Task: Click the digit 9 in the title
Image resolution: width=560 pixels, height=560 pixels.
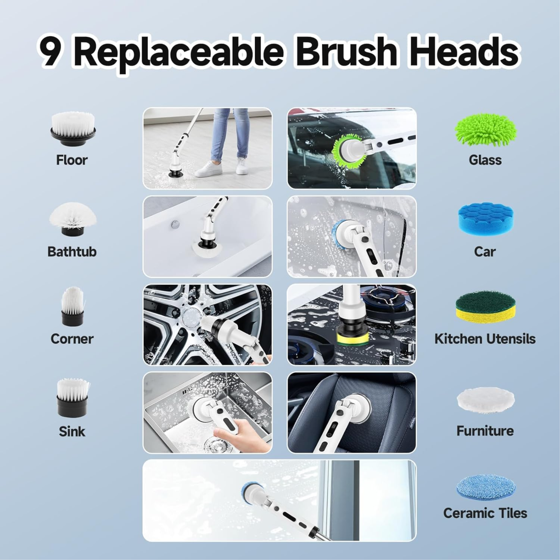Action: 50,52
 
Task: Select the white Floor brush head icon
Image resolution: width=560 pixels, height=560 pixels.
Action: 73,129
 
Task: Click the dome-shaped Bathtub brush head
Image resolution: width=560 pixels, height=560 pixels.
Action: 73,218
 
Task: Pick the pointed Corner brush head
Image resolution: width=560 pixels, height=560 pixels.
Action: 72,306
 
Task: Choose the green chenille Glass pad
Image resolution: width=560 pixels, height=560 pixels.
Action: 486,130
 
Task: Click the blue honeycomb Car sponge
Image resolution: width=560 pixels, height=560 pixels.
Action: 486,219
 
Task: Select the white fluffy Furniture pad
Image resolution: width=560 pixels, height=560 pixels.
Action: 485,400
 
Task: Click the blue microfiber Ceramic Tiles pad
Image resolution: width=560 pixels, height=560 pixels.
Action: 486,486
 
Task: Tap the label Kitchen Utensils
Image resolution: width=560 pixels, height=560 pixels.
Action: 485,339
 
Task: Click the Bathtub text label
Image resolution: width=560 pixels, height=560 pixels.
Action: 72,252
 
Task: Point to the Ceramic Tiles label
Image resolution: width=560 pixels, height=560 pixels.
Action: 485,513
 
